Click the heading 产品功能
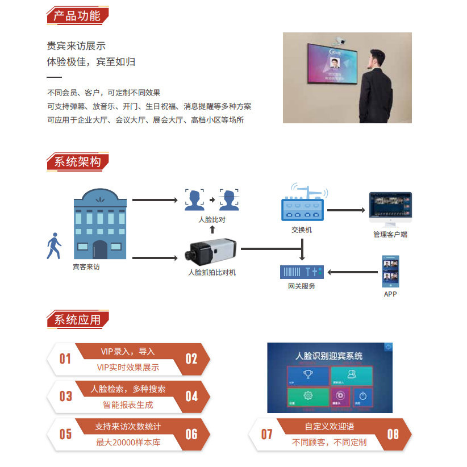coord(77,15)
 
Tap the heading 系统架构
coord(77,162)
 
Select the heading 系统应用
coord(77,320)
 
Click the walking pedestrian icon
coord(54,245)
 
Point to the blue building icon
coord(100,224)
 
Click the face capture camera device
coord(211,251)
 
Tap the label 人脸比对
coord(211,220)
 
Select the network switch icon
coord(302,206)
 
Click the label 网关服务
coord(302,286)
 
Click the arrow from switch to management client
coord(346,210)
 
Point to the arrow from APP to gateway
coord(353,272)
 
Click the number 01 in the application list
coord(66,359)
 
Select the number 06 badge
coord(191,435)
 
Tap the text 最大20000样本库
coord(128,442)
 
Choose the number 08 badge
coord(393,435)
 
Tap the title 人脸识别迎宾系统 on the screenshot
coord(329,356)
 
